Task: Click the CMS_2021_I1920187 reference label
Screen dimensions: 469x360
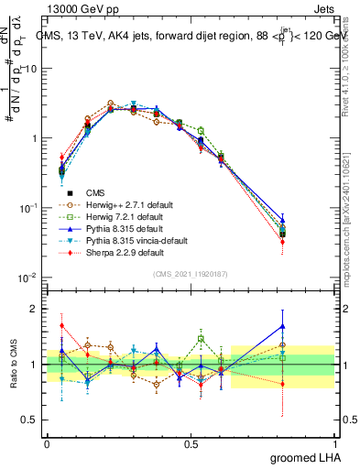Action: tap(190, 273)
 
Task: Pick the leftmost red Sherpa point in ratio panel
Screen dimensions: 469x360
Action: tap(61, 325)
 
